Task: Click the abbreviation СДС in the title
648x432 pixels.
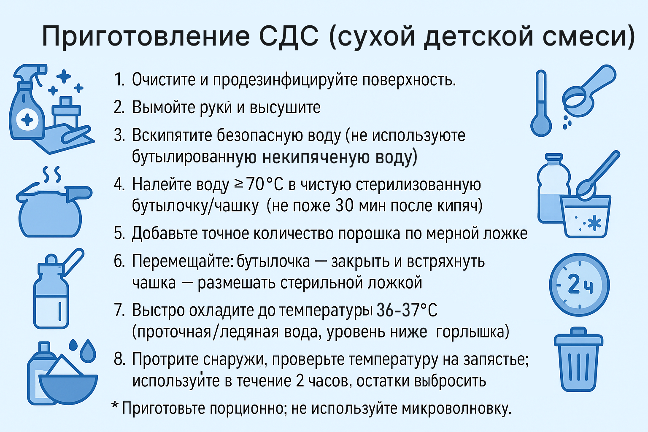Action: pyautogui.click(x=289, y=36)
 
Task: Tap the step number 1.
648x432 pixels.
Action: pyautogui.click(x=119, y=79)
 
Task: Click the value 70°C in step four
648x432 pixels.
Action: pyautogui.click(x=265, y=184)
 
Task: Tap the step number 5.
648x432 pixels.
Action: pyautogui.click(x=119, y=233)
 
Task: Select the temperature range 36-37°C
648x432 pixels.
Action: pyautogui.click(x=407, y=310)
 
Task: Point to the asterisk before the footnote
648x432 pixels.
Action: pyautogui.click(x=115, y=405)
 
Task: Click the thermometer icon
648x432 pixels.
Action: pyautogui.click(x=541, y=103)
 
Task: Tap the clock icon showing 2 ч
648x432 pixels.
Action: pyautogui.click(x=579, y=285)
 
